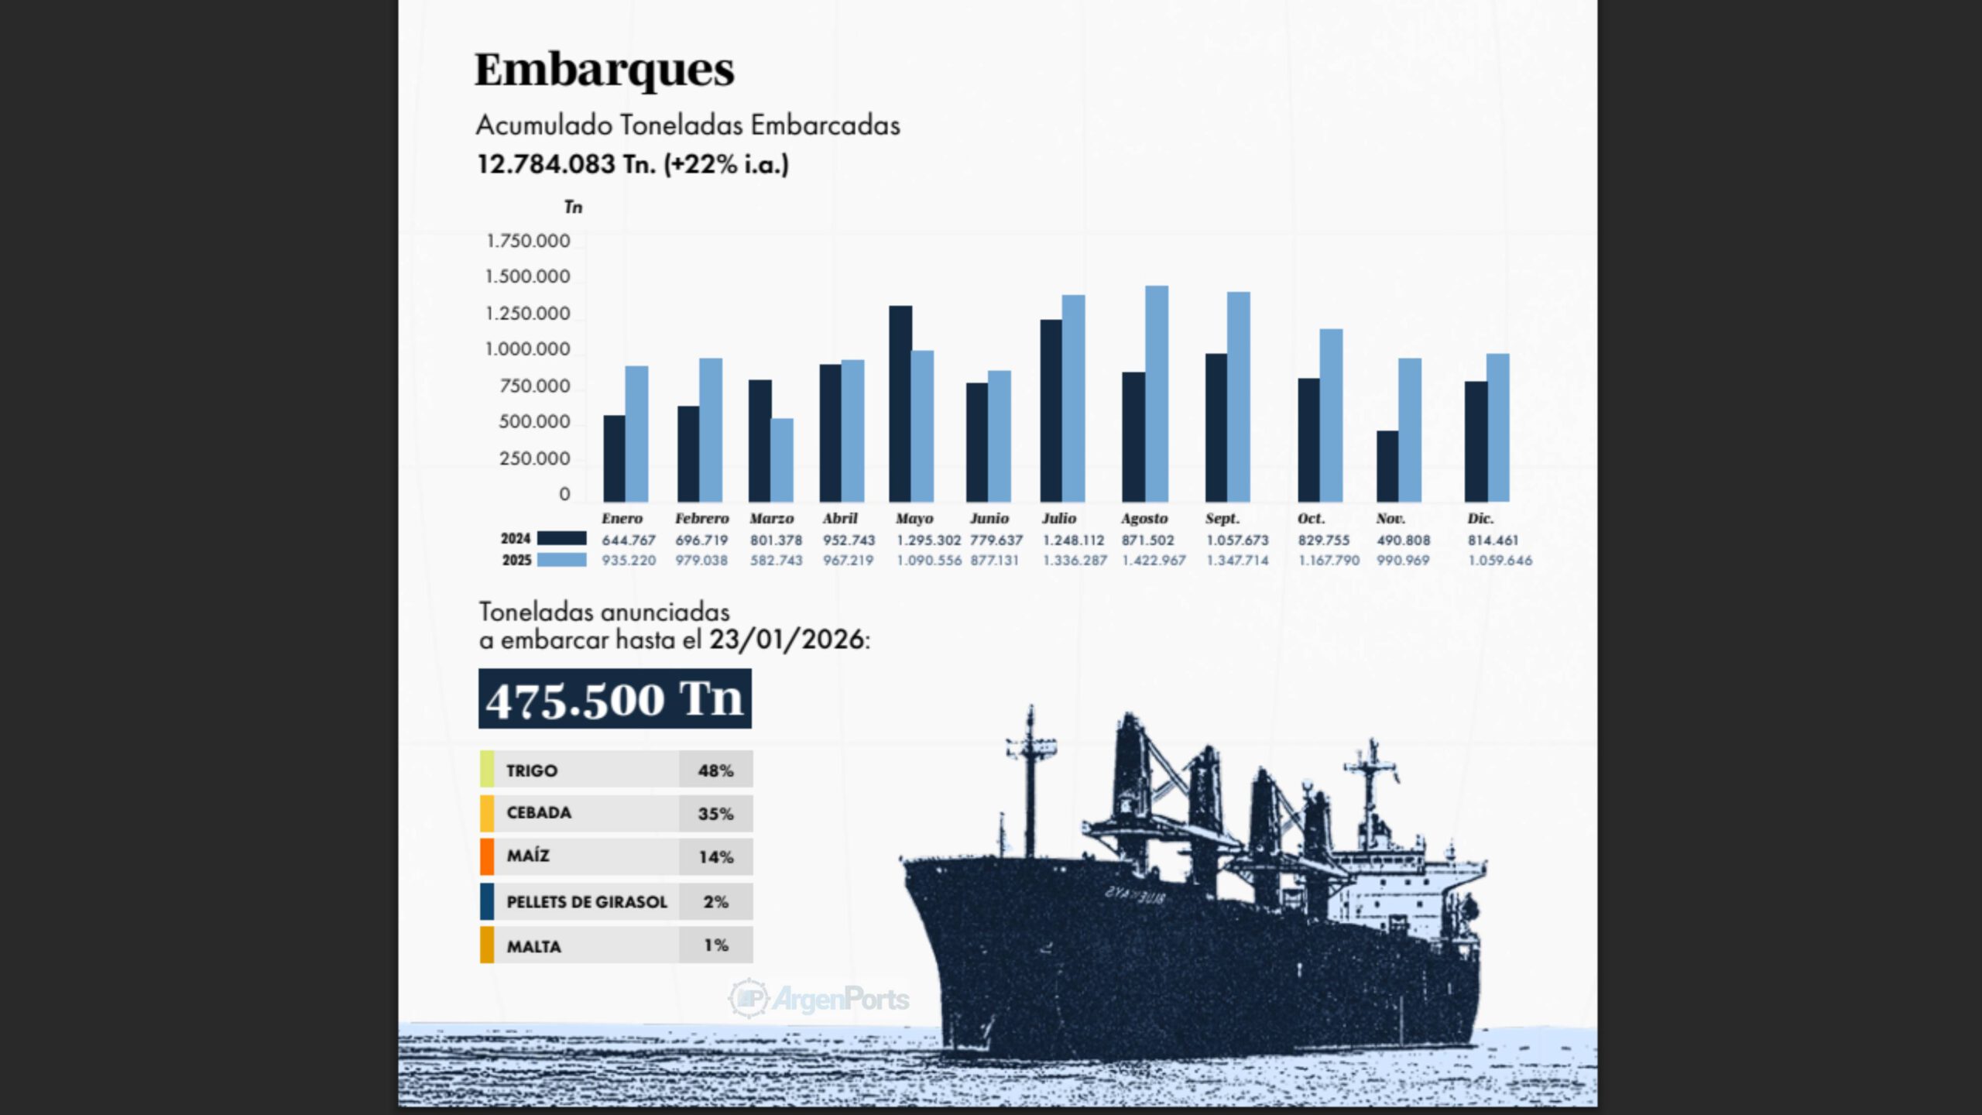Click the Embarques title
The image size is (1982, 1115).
point(604,70)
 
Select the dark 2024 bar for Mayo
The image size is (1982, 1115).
point(900,403)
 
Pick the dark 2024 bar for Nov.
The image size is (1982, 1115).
point(1387,466)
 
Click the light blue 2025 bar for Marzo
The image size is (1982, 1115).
point(782,460)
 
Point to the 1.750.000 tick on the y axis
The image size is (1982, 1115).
point(527,241)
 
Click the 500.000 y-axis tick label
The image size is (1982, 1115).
point(534,422)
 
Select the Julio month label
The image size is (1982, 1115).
point(1058,518)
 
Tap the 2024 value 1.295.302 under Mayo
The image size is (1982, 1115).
point(928,540)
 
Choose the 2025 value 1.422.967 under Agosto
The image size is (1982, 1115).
point(1154,560)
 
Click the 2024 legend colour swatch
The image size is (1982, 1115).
point(561,538)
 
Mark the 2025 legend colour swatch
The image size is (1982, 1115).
point(561,560)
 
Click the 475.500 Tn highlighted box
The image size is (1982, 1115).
point(615,698)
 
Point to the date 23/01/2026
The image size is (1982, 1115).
point(787,640)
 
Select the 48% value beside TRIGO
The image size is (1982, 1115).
point(715,770)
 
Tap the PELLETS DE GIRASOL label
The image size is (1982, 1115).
point(586,902)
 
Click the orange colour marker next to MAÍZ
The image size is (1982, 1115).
point(487,856)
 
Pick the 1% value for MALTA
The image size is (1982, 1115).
point(715,945)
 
